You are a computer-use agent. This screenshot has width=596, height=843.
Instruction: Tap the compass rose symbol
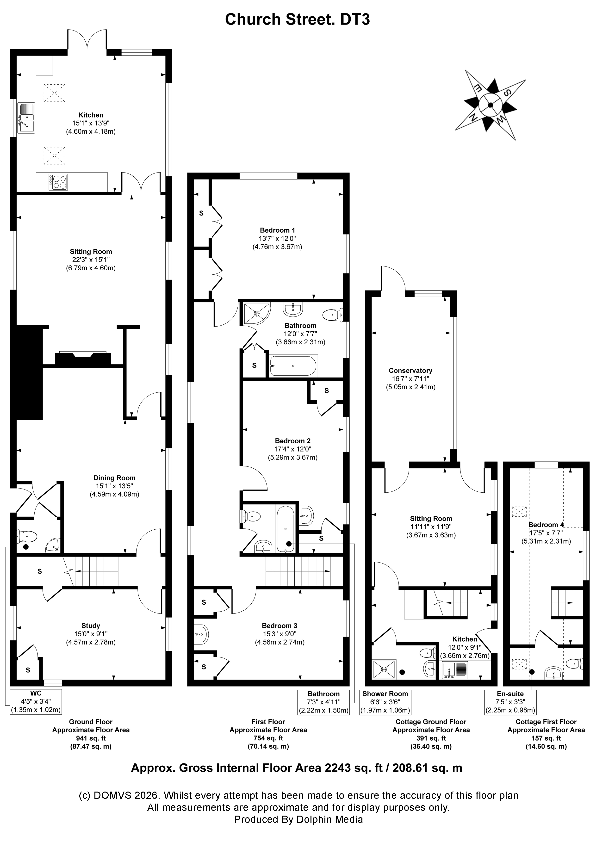coord(490,105)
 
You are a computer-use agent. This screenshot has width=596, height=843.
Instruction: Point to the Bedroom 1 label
coord(277,230)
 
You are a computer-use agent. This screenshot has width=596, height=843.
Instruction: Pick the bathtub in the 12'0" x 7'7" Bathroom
coord(293,366)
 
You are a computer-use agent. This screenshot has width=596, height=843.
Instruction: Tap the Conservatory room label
coord(410,371)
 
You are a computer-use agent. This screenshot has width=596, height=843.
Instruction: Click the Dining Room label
coord(114,478)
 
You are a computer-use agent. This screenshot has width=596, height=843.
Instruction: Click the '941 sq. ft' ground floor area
coord(90,738)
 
